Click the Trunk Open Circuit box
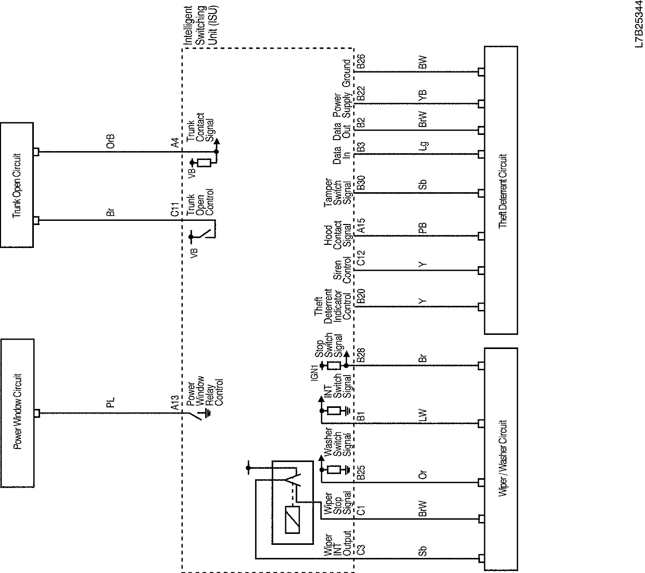(17, 185)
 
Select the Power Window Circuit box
(18, 412)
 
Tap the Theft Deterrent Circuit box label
(502, 190)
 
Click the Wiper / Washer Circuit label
(502, 458)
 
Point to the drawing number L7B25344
(638, 26)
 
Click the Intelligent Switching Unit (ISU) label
(199, 26)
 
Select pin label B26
(361, 63)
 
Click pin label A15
(361, 225)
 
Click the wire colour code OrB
(110, 142)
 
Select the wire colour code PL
(110, 402)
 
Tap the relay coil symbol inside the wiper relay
(293, 520)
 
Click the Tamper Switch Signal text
(338, 193)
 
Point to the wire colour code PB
(423, 228)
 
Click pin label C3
(361, 549)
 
